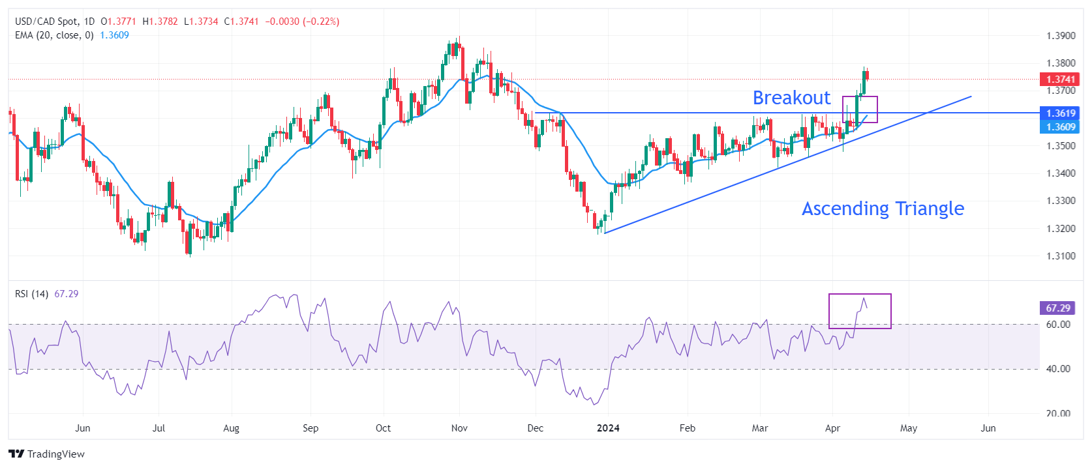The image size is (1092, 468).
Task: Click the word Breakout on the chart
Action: click(791, 98)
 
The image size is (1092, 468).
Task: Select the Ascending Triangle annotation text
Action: click(883, 209)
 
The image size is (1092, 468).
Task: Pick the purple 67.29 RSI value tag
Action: click(1057, 308)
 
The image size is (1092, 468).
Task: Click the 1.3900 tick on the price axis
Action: click(1061, 36)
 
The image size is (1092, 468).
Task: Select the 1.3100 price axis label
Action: click(1061, 256)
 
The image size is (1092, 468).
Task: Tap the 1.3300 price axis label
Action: click(1061, 201)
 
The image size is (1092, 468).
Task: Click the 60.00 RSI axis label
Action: click(1058, 325)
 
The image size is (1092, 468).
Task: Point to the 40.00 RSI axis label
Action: click(1058, 369)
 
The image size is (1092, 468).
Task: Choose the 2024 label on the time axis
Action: click(608, 428)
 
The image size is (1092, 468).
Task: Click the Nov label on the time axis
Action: click(459, 428)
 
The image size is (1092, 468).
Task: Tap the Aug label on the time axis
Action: click(231, 428)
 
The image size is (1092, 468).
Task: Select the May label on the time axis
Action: click(908, 428)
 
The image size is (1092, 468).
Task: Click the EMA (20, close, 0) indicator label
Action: click(54, 35)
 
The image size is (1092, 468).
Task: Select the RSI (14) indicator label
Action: click(31, 294)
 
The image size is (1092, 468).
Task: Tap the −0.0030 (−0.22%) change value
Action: click(302, 22)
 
